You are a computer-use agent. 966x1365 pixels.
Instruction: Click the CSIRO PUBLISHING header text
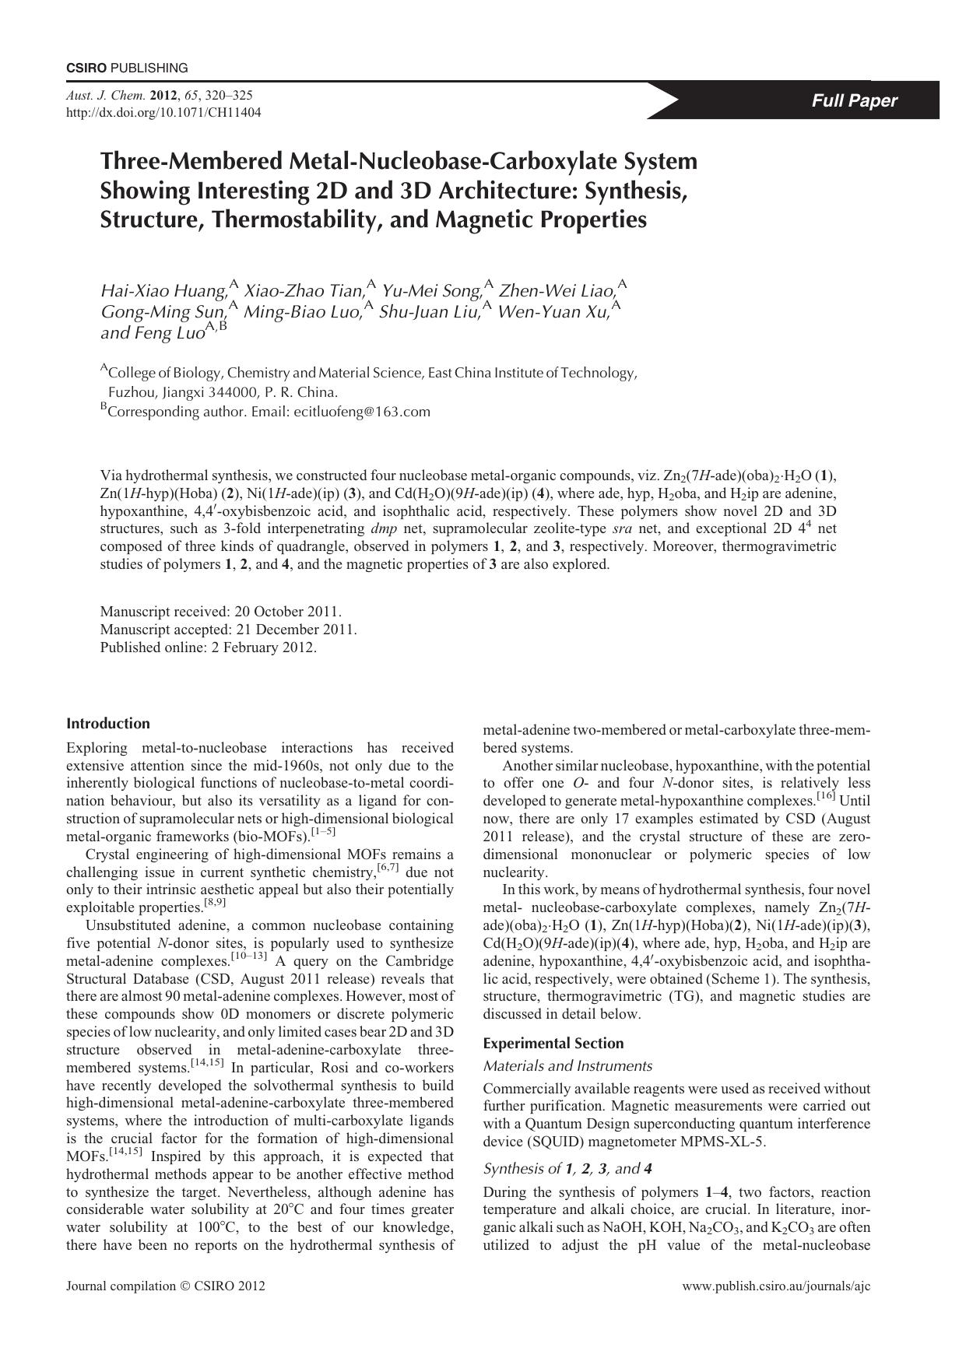point(126,68)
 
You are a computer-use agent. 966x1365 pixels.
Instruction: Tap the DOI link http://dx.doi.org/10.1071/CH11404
point(163,112)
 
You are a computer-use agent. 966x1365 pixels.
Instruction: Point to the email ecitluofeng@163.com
point(362,412)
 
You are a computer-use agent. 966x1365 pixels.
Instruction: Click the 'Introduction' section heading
point(108,724)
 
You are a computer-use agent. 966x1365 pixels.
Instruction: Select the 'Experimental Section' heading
point(553,1044)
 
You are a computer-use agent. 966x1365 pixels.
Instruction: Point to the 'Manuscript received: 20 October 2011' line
point(221,612)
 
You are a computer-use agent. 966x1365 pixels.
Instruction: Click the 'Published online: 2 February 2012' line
point(208,647)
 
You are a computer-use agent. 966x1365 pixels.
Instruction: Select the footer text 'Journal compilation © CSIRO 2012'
point(166,1286)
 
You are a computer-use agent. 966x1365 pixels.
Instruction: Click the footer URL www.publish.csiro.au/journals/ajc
point(776,1286)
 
